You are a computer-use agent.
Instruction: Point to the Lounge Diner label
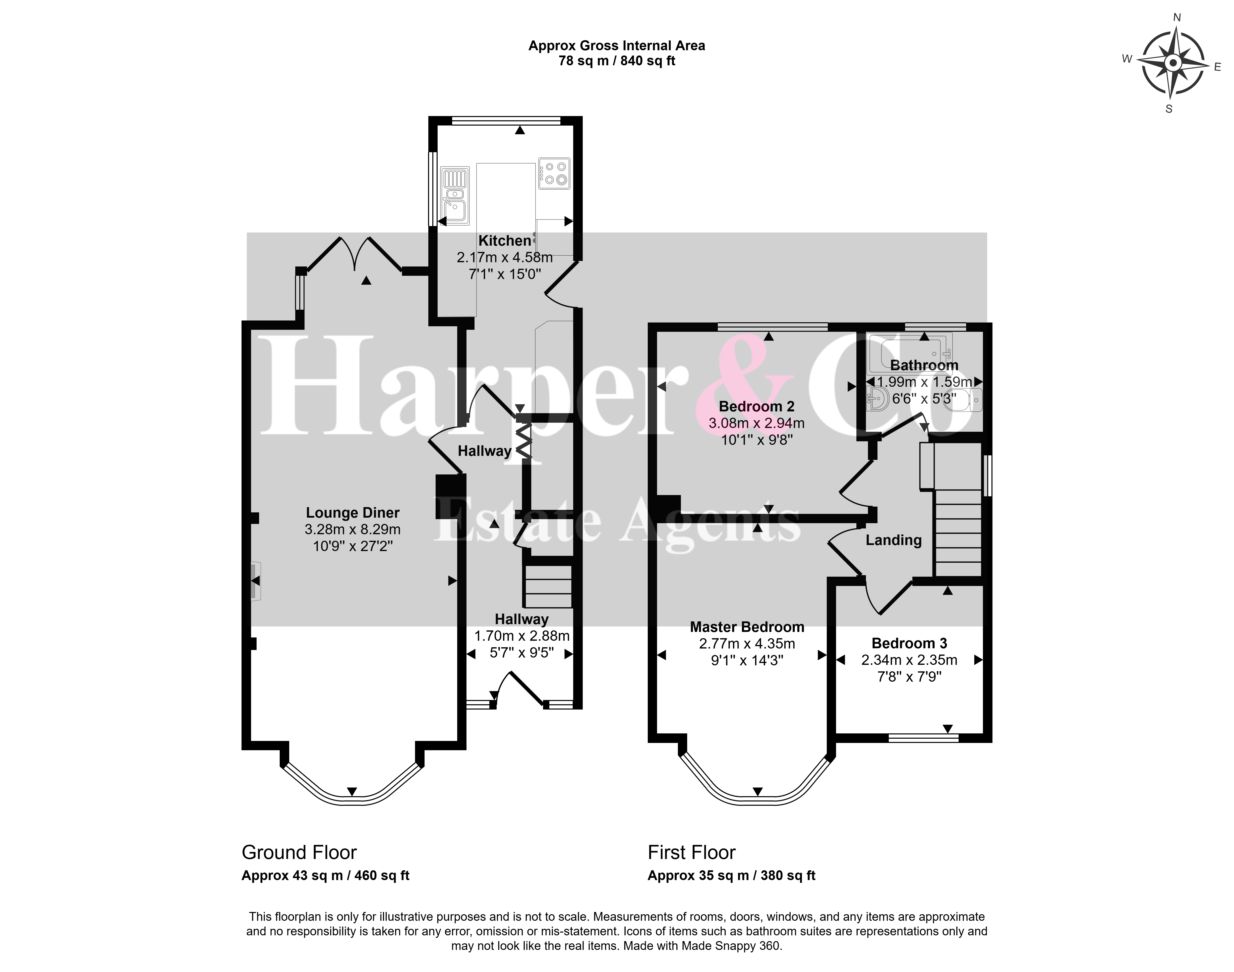(x=353, y=513)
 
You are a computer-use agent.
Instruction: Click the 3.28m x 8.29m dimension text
(x=353, y=529)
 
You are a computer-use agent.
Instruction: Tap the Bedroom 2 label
(x=757, y=406)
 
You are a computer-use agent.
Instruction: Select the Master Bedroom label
(x=747, y=627)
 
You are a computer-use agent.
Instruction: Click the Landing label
(x=893, y=540)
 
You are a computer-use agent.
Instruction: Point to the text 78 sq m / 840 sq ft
(x=617, y=61)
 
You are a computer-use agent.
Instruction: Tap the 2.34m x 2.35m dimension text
(x=909, y=660)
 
